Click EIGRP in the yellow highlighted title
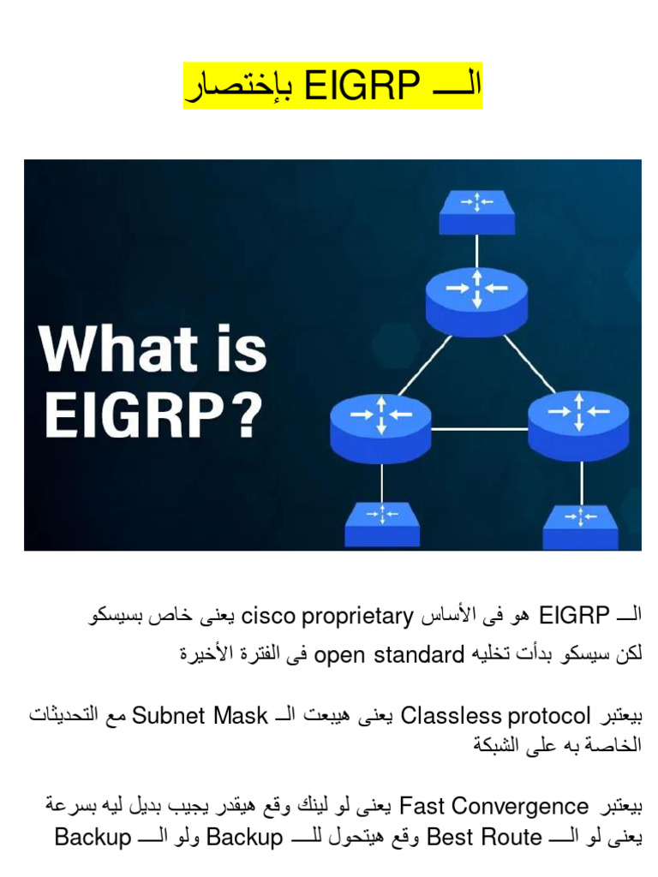[x=362, y=87]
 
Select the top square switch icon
[x=476, y=211]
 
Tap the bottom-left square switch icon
[x=382, y=522]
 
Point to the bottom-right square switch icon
[x=580, y=524]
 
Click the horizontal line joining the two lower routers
[x=480, y=427]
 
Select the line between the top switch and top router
[x=476, y=250]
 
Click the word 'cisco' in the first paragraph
[x=269, y=615]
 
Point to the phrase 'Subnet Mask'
[x=200, y=714]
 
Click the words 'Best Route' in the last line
[x=484, y=837]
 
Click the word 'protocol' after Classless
[x=549, y=714]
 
